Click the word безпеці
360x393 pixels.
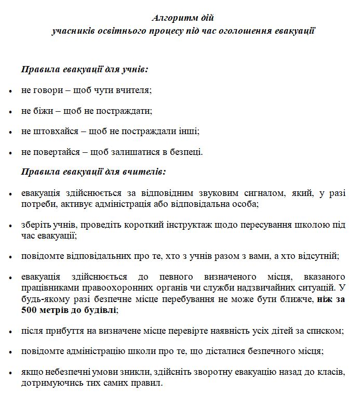click(x=186, y=152)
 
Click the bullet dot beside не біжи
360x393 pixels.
click(x=10, y=111)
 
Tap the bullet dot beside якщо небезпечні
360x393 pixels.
click(x=10, y=374)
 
